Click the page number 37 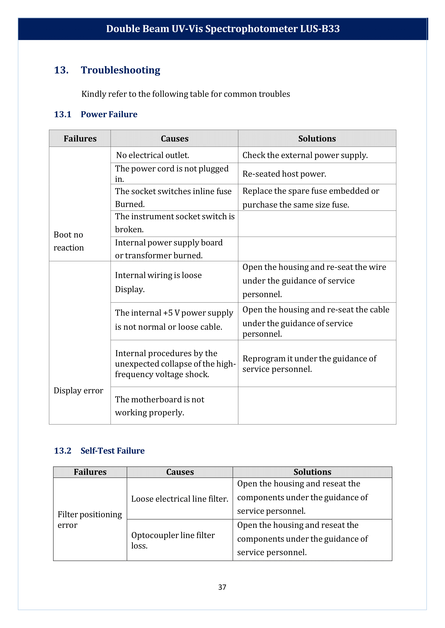(x=222, y=587)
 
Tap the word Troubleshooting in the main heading (x=120, y=70)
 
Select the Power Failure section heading (x=109, y=114)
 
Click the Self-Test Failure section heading (x=112, y=451)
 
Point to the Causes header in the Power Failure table (x=175, y=139)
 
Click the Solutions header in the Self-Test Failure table (x=312, y=472)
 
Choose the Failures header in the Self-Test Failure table (x=90, y=472)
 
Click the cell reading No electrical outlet (x=153, y=155)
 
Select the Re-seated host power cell (x=284, y=174)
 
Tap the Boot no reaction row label (x=69, y=241)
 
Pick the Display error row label (x=78, y=390)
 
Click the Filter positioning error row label (x=90, y=520)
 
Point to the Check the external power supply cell (x=305, y=155)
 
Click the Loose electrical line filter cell (x=180, y=499)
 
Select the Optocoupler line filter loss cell (x=173, y=540)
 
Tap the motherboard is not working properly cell (x=159, y=406)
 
